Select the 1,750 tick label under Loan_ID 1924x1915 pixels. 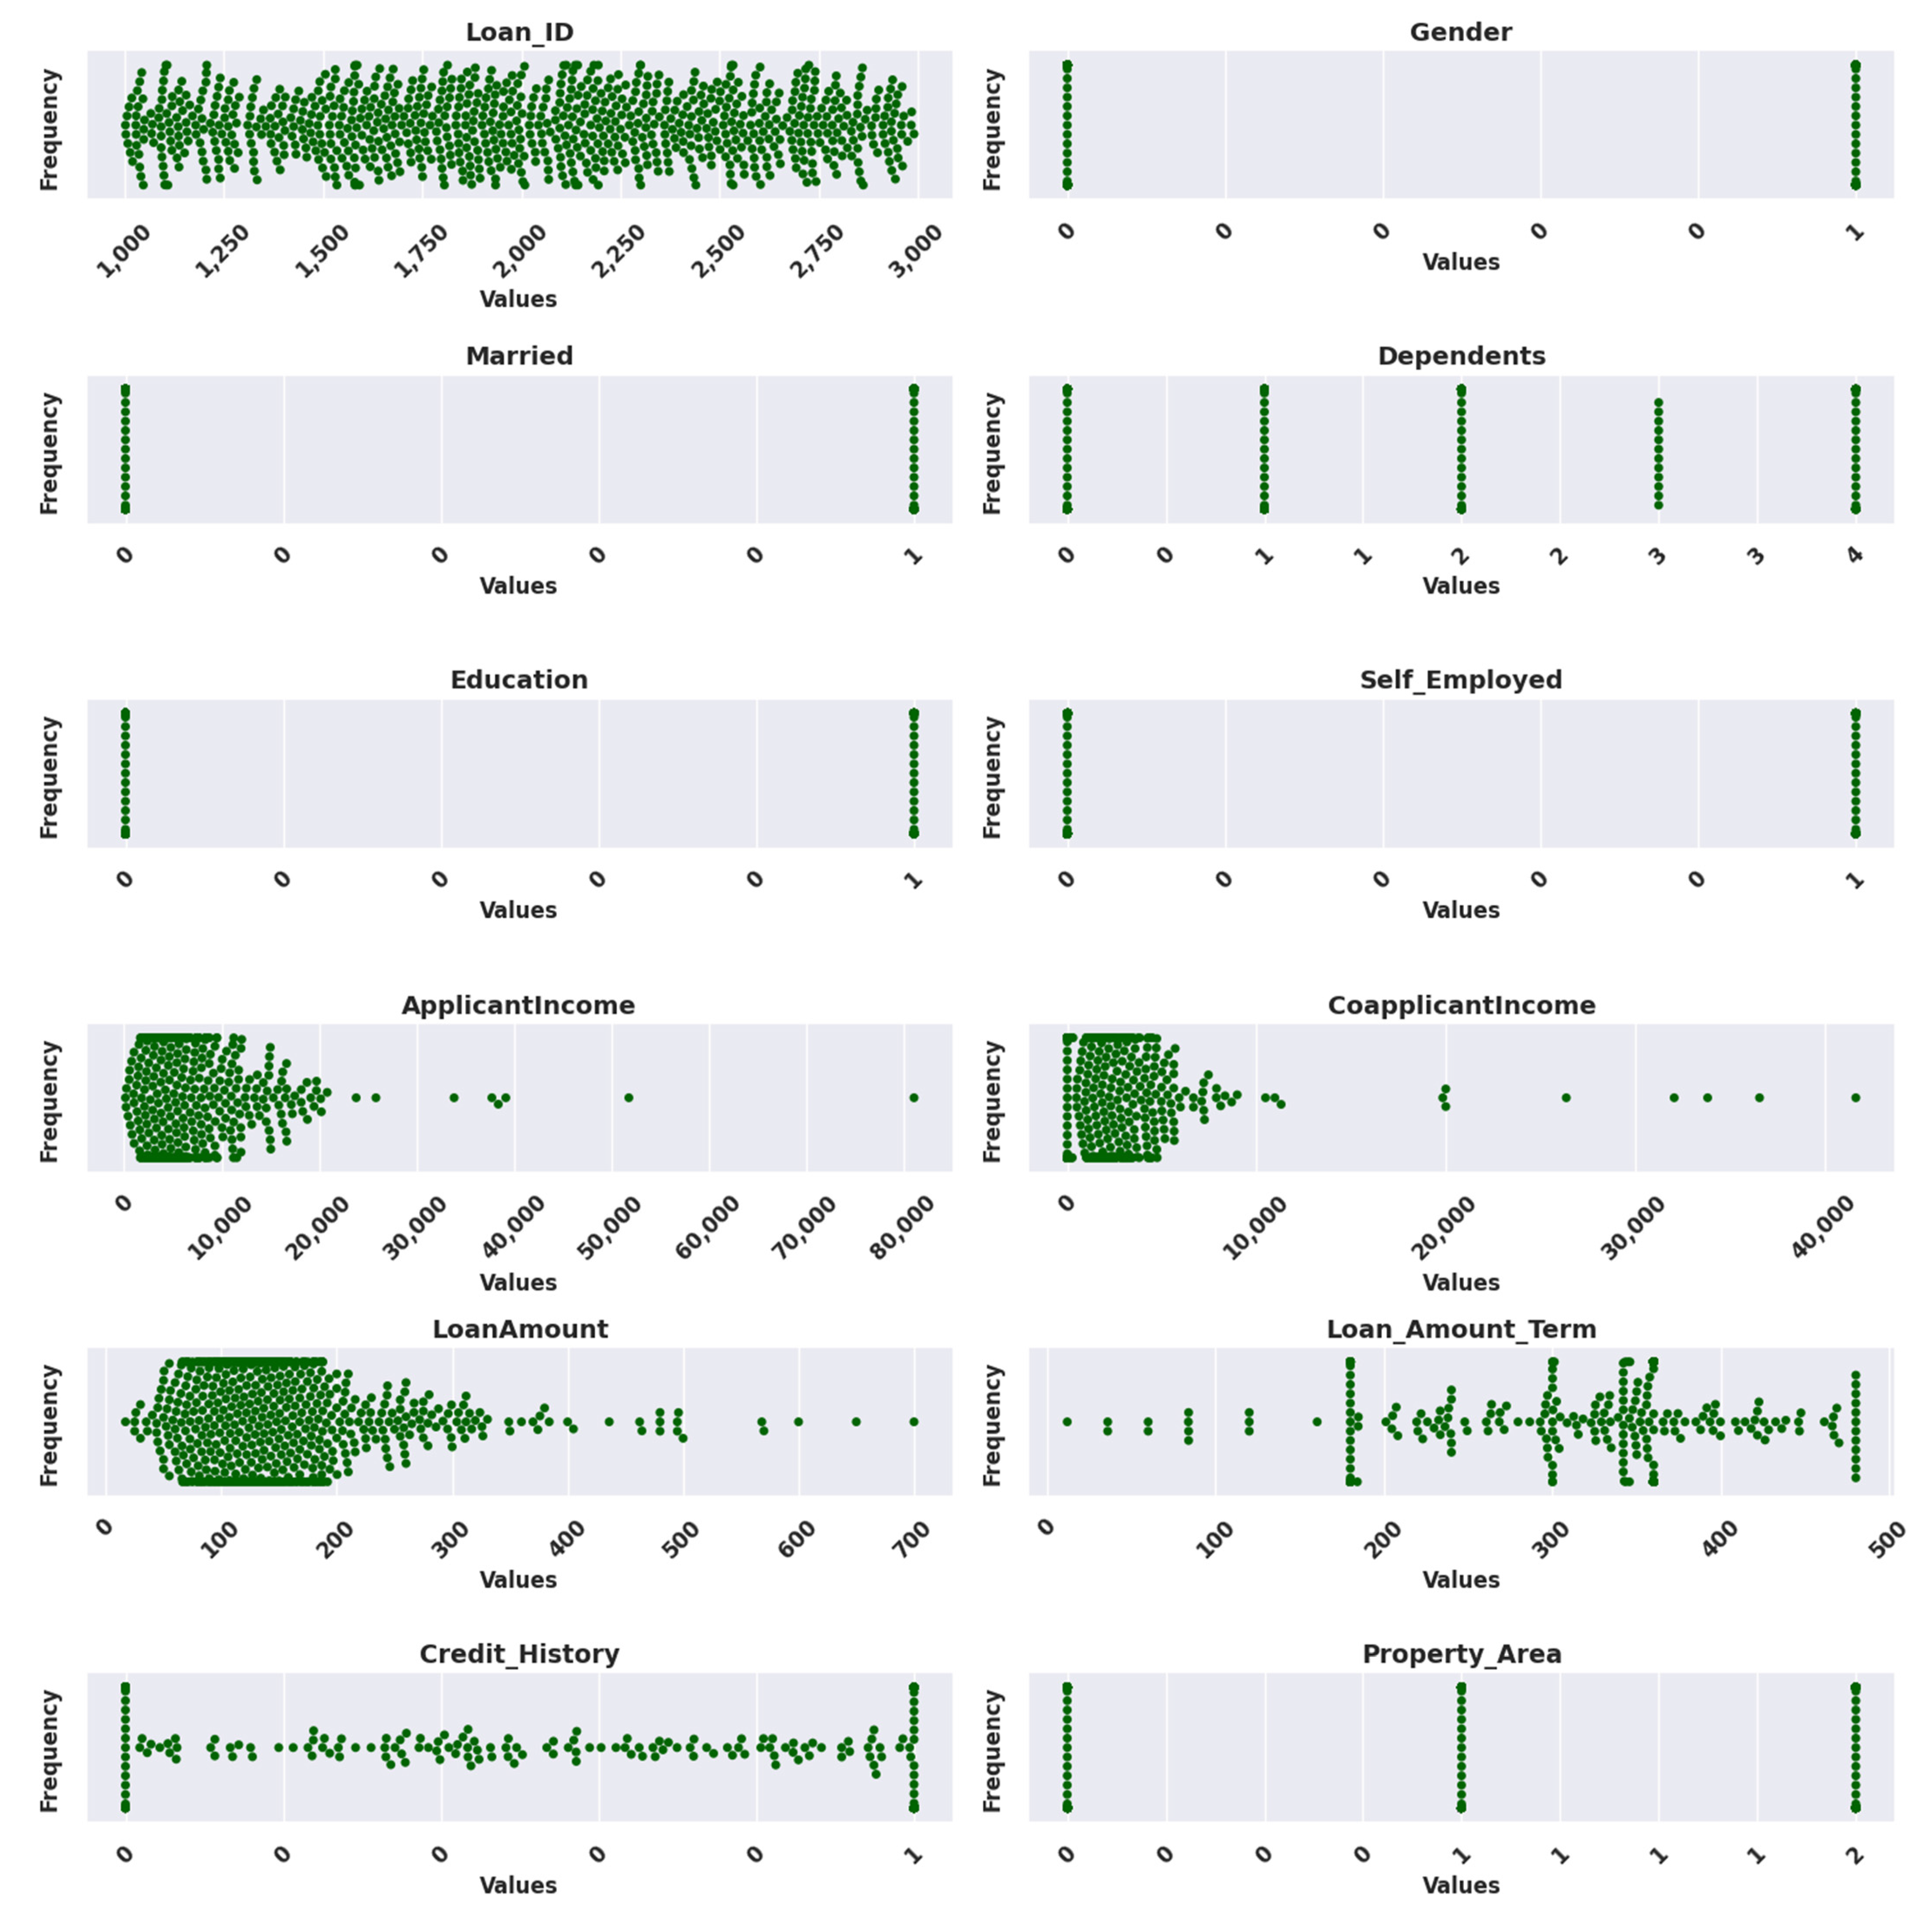[x=421, y=251]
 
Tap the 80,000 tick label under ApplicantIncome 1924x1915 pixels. [x=902, y=1227]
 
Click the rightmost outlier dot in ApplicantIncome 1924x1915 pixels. [x=913, y=1098]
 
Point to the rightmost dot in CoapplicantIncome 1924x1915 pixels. [x=1855, y=1098]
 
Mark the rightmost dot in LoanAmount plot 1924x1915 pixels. [x=913, y=1421]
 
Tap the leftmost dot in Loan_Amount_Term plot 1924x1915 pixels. [x=1067, y=1421]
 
